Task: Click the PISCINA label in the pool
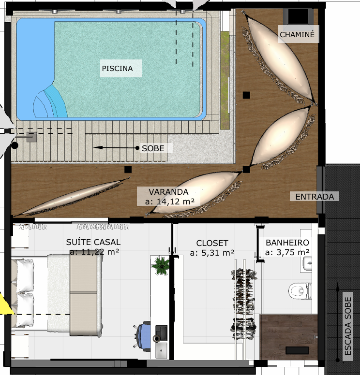tap(117, 69)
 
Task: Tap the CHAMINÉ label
tap(297, 35)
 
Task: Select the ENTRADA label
tap(315, 197)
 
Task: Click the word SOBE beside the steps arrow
tap(153, 148)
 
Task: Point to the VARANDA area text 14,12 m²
tap(169, 202)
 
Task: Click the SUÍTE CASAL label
tap(93, 242)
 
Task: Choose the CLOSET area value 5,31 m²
tap(212, 253)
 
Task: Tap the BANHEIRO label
tap(287, 243)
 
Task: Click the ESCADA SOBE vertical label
tap(347, 326)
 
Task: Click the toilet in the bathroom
tap(300, 291)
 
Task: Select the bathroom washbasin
tap(307, 263)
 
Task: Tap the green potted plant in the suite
tap(161, 265)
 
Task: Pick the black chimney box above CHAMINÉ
tap(298, 16)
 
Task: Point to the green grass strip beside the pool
tap(225, 81)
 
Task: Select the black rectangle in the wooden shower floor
tap(297, 350)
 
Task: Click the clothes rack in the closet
tap(243, 304)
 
